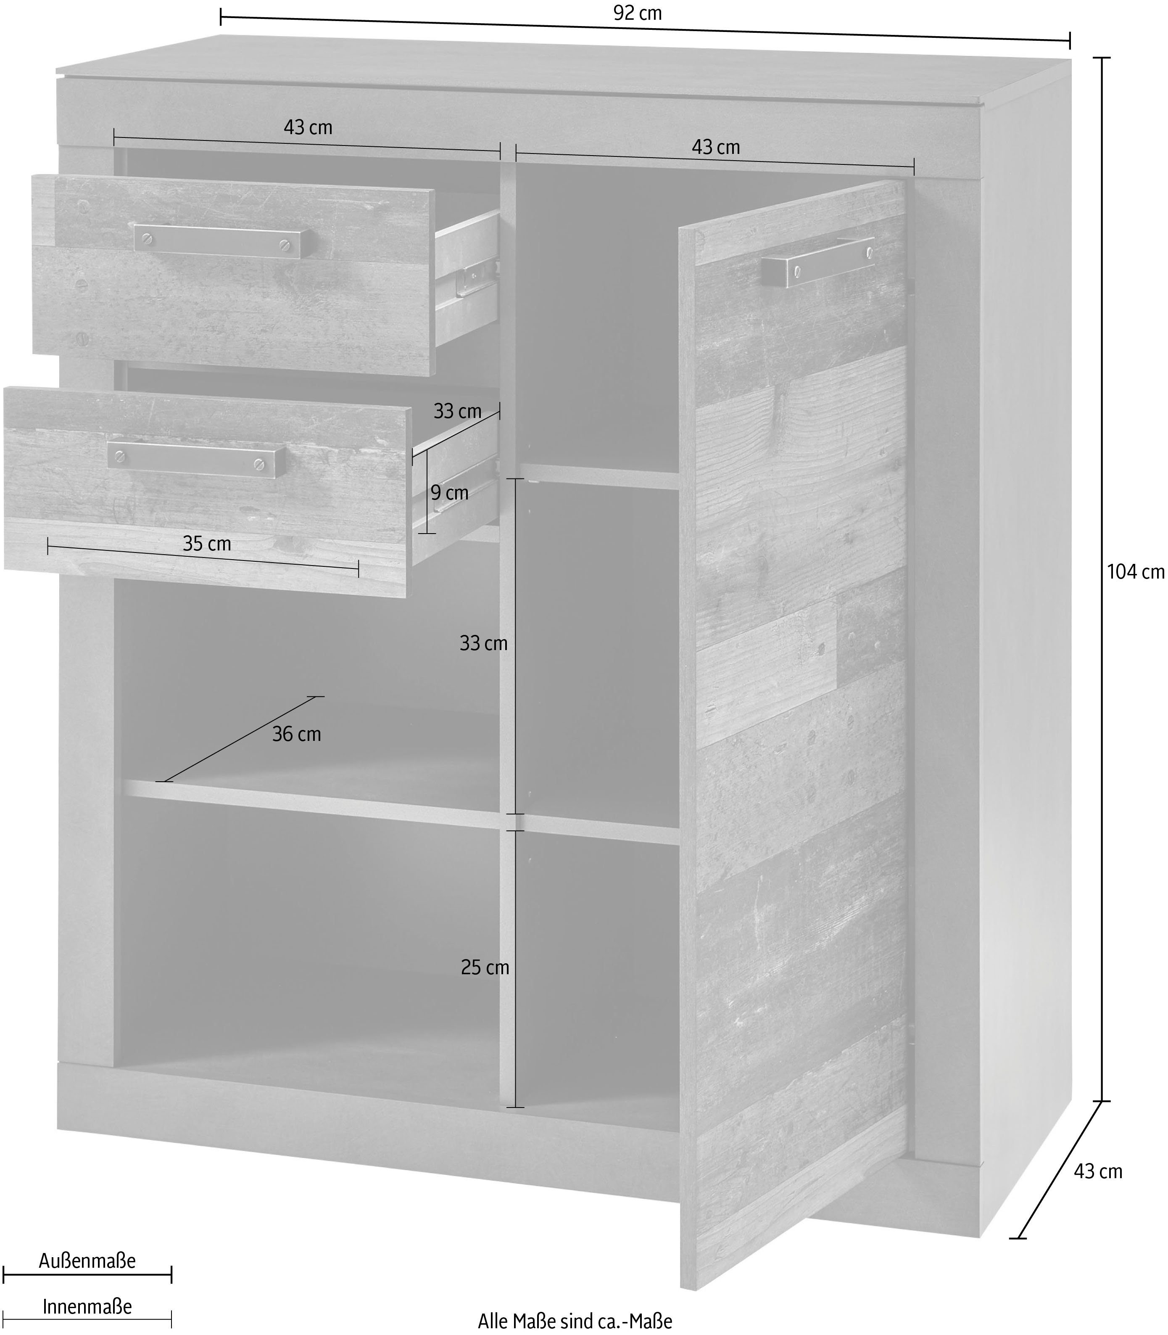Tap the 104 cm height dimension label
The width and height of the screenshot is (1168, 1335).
click(1135, 571)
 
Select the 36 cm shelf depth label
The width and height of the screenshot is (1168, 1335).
click(297, 734)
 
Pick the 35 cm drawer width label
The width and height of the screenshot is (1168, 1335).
click(207, 543)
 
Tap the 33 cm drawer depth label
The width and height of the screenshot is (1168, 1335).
click(458, 411)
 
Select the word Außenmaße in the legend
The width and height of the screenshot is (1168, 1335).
click(87, 1261)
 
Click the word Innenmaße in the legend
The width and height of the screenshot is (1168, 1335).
click(87, 1306)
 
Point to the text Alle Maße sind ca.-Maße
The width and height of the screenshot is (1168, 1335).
click(575, 1321)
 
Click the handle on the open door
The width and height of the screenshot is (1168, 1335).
click(818, 261)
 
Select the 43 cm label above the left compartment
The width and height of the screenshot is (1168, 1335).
click(308, 127)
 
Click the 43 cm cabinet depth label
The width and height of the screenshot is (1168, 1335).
click(1098, 1171)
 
